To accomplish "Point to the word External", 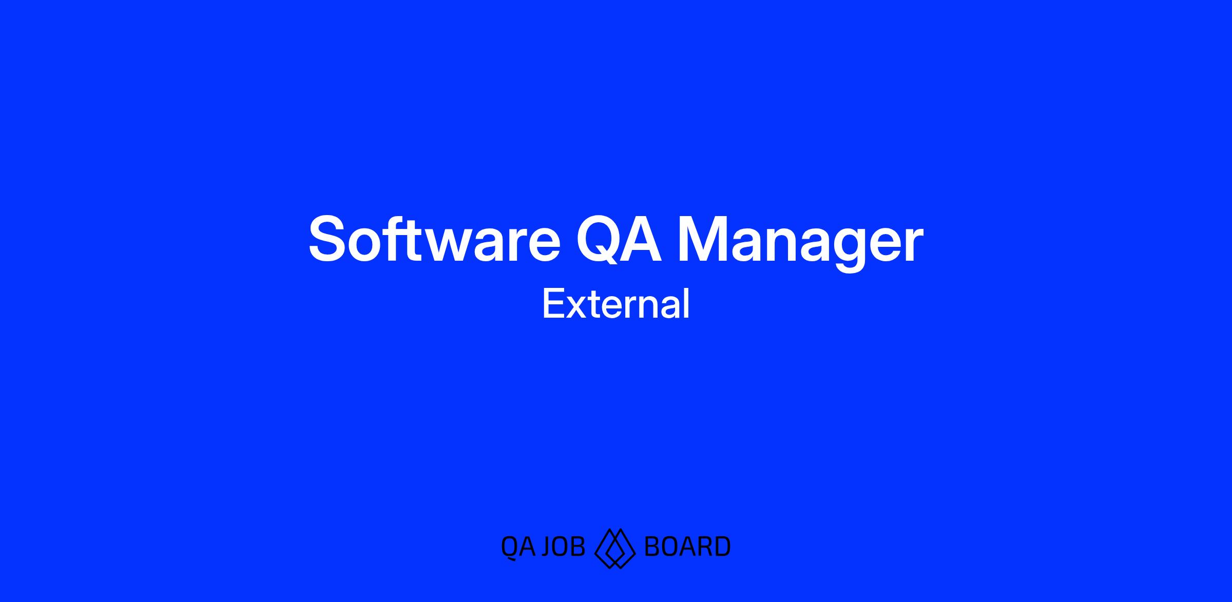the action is click(616, 304).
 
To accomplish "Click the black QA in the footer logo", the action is click(518, 547).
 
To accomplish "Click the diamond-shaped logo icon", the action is click(615, 548).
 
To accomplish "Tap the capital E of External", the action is click(553, 304).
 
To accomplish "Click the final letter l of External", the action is click(687, 303).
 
